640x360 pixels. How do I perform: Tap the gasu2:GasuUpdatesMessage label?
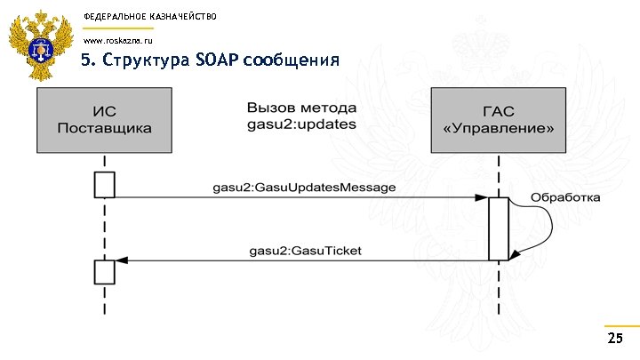click(x=304, y=188)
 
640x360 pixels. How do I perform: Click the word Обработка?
click(x=566, y=196)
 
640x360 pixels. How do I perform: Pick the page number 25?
click(x=614, y=340)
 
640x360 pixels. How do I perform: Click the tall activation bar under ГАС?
click(x=498, y=228)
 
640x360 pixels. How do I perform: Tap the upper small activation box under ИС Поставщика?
click(x=105, y=185)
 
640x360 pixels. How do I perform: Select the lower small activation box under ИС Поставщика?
click(x=105, y=270)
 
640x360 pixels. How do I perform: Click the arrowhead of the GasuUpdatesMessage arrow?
click(x=482, y=198)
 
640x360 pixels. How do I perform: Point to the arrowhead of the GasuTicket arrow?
click(x=122, y=260)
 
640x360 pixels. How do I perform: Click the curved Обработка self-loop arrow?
click(x=548, y=224)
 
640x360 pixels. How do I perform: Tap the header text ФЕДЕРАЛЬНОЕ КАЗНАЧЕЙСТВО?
click(x=149, y=17)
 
